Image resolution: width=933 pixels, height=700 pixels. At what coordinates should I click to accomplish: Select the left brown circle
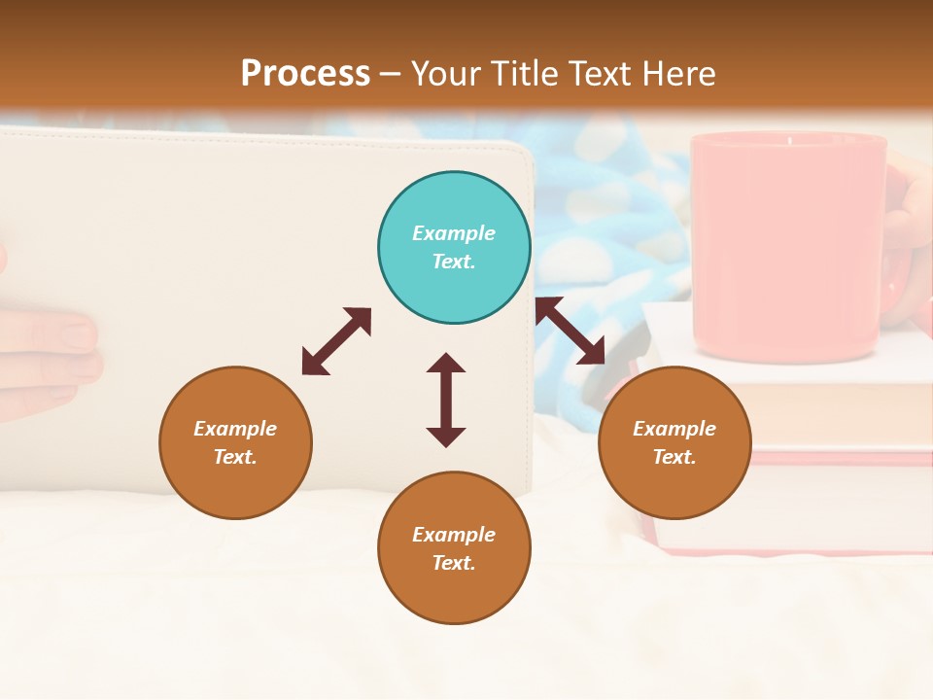click(x=235, y=442)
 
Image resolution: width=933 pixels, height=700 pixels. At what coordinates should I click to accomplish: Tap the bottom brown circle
click(x=454, y=548)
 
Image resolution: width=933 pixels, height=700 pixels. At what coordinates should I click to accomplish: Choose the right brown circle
click(x=674, y=442)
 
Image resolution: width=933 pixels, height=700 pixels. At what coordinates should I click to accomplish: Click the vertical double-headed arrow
click(x=446, y=400)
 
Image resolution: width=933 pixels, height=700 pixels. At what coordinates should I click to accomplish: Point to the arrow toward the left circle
click(x=336, y=341)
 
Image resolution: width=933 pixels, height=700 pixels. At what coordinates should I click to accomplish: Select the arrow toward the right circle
click(x=570, y=331)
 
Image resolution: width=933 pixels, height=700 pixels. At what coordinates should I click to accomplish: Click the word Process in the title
click(x=305, y=74)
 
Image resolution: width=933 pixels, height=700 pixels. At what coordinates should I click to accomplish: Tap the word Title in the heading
click(x=525, y=74)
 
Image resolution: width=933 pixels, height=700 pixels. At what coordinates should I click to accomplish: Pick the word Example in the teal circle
click(x=454, y=233)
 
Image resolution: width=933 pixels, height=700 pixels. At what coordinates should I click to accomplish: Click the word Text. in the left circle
click(x=235, y=457)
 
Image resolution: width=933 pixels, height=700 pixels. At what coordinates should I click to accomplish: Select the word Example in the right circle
click(x=674, y=429)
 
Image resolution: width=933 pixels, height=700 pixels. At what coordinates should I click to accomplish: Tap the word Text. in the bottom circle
click(x=454, y=563)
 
